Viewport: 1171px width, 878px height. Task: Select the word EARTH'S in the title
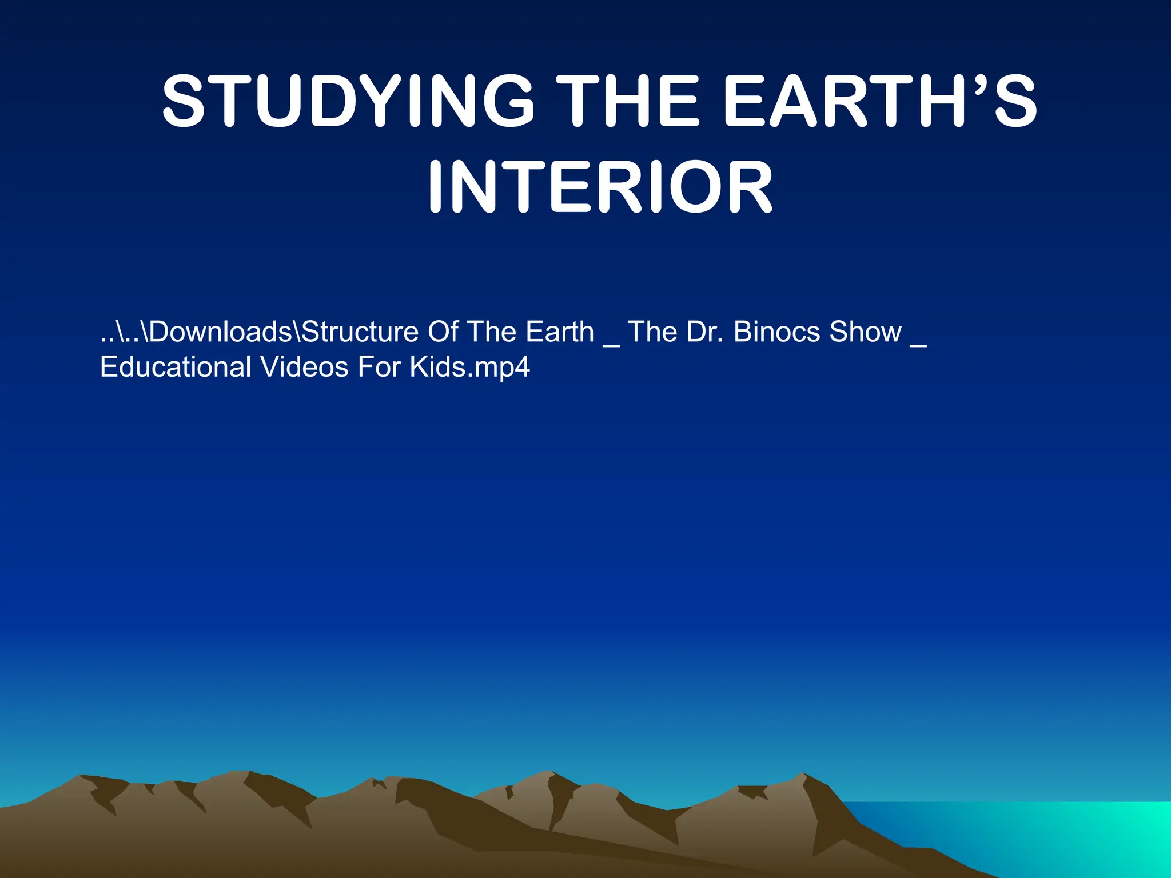(880, 102)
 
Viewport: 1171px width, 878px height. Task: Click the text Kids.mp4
(469, 367)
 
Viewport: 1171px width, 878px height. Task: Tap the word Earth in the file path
(560, 332)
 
